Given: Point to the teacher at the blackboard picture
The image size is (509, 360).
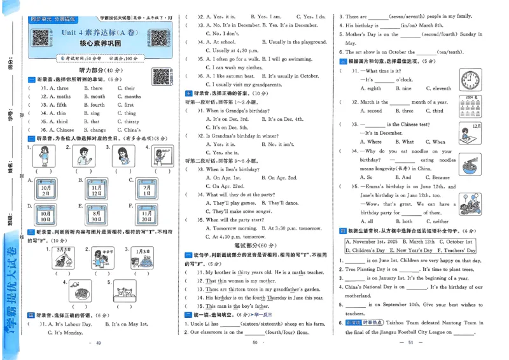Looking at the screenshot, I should pyautogui.click(x=159, y=156).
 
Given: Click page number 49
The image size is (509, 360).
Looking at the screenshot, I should pyautogui.click(x=97, y=343).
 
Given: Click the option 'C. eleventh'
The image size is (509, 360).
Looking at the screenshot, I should pyautogui.click(x=438, y=89).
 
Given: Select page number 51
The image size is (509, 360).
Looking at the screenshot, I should pyautogui.click(x=411, y=343).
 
